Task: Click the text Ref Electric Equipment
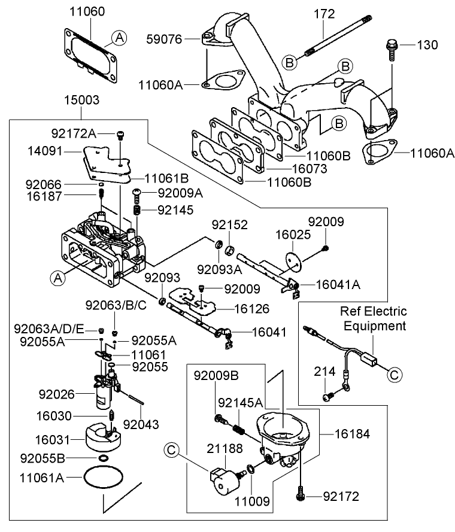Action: [x=374, y=318]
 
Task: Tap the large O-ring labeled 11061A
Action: [x=102, y=478]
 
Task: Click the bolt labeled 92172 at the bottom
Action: [x=300, y=494]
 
